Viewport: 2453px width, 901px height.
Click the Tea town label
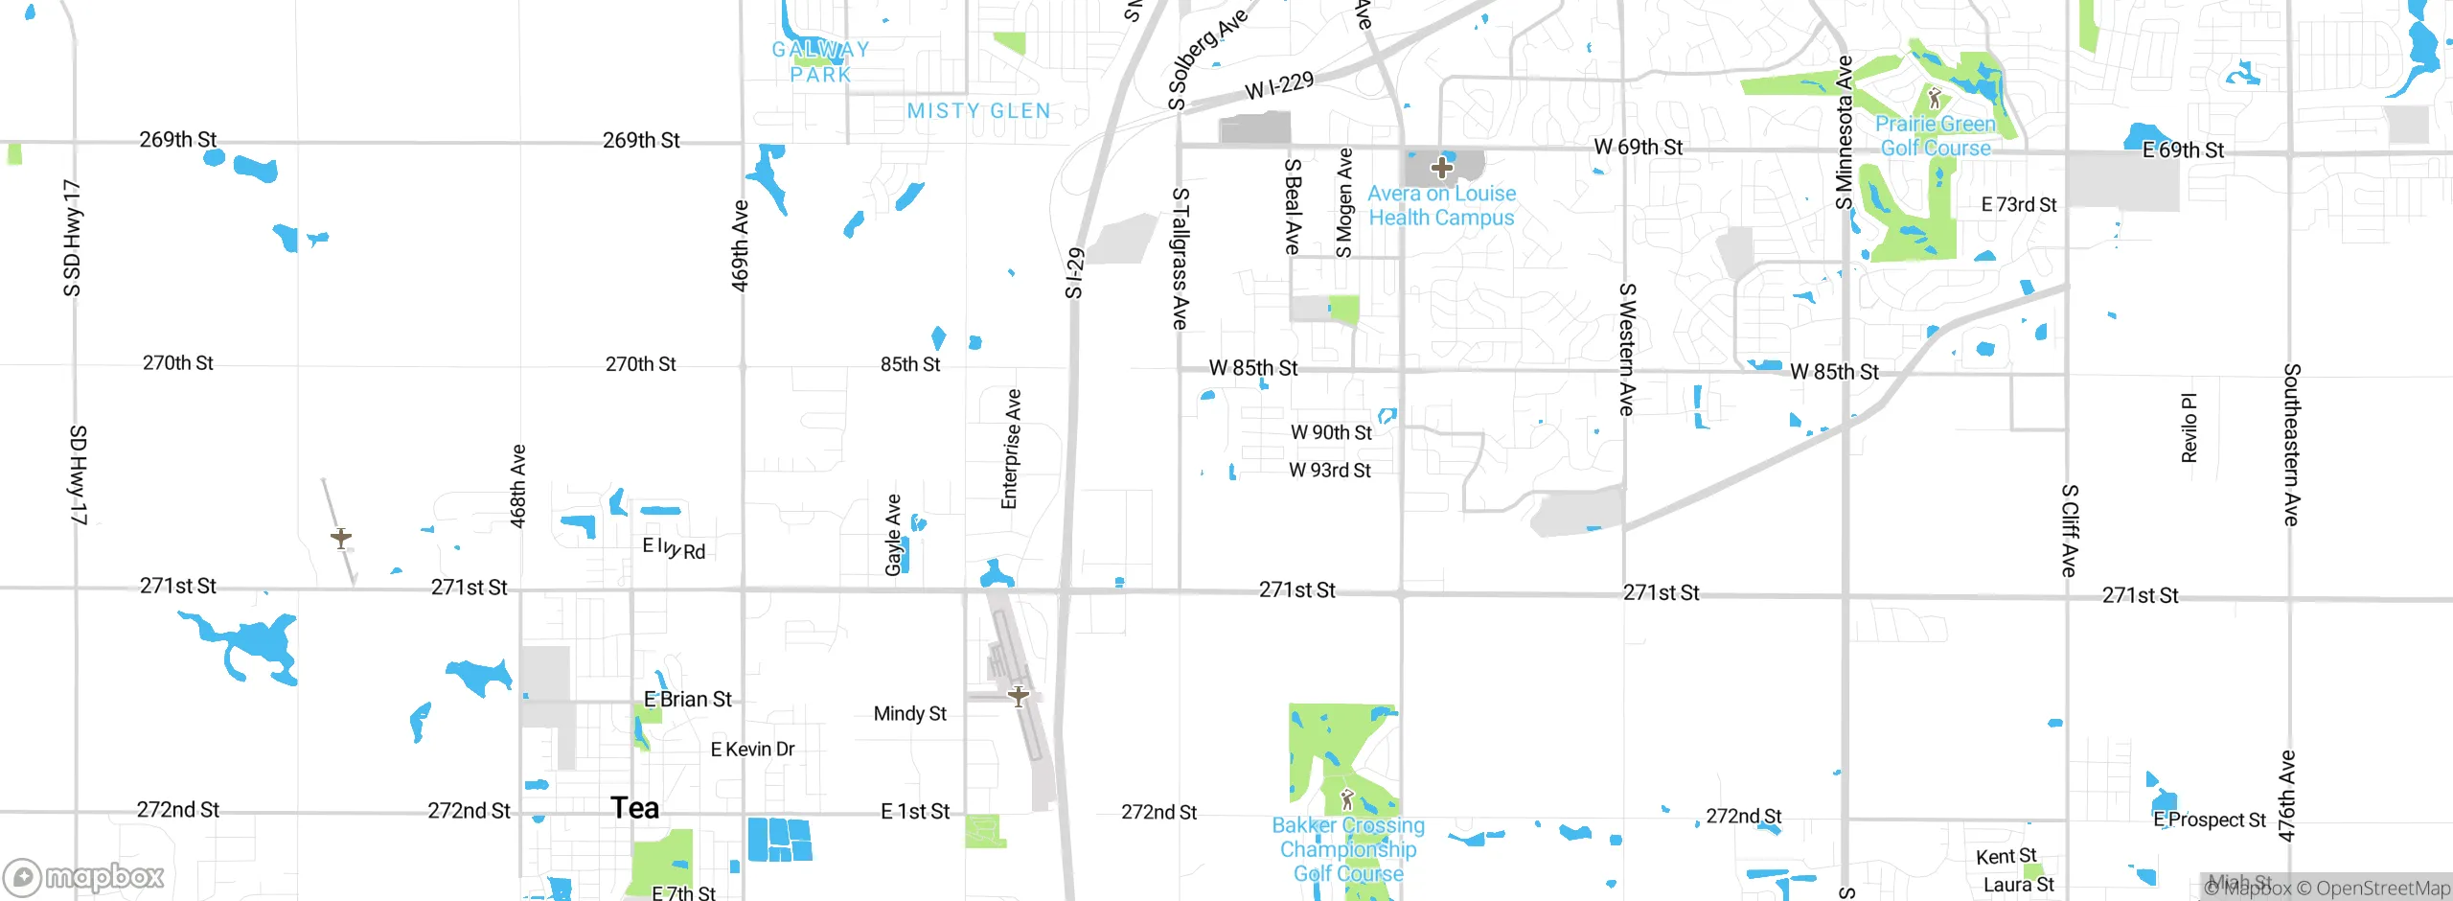[634, 809]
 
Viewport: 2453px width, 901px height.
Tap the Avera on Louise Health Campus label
[1441, 205]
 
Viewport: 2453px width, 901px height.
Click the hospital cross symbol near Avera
[1441, 169]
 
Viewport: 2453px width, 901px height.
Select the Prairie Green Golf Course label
[1936, 136]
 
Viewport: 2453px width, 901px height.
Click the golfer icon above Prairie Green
[1934, 98]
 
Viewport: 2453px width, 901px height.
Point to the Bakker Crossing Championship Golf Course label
[1348, 849]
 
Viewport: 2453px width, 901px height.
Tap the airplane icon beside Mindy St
[1018, 696]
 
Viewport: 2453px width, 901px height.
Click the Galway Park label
[821, 61]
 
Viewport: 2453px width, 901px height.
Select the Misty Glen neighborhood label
[978, 111]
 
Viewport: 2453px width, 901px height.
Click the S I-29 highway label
[1074, 273]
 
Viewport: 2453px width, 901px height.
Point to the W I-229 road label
[1279, 86]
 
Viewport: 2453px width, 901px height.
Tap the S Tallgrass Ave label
[1181, 259]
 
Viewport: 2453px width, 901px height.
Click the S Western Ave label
[1626, 349]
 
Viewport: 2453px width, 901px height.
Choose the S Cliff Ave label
[2069, 530]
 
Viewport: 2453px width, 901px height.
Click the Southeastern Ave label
[2291, 444]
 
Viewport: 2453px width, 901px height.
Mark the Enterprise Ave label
[1011, 449]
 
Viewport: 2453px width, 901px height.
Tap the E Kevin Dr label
[752, 750]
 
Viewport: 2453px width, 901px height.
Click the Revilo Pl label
[2189, 427]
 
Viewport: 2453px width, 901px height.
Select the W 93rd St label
[1329, 471]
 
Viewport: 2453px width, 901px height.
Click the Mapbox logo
[84, 877]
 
